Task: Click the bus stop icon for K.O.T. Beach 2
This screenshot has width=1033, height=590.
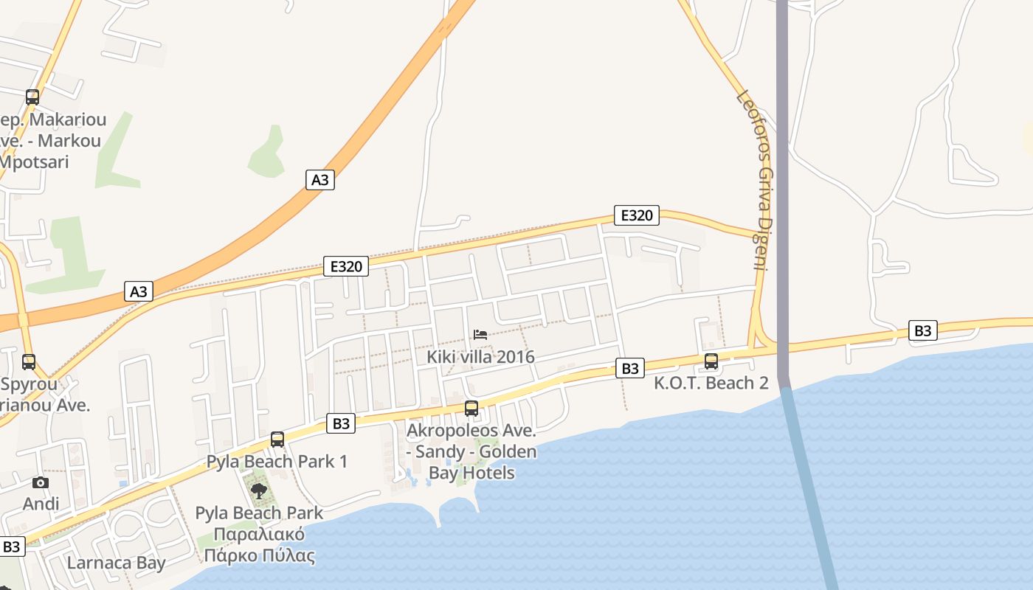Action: (711, 361)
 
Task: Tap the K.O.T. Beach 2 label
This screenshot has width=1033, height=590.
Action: (711, 383)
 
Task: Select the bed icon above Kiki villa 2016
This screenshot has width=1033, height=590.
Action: (480, 335)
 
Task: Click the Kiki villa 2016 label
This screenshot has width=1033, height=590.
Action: (480, 357)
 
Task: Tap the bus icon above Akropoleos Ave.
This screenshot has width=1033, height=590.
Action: (471, 408)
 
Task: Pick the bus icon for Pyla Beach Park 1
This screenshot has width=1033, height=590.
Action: (277, 440)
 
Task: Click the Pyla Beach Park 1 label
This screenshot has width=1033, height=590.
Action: (277, 462)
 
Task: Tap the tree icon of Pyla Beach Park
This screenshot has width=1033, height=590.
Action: (258, 490)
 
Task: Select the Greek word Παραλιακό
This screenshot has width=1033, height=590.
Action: (259, 534)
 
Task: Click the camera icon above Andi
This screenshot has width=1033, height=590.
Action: (41, 483)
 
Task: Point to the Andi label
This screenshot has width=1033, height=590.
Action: (41, 504)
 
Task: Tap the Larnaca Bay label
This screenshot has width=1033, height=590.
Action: (117, 563)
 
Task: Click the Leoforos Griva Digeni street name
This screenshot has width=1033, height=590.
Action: (759, 180)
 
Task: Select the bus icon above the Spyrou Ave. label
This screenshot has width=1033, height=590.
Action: (29, 362)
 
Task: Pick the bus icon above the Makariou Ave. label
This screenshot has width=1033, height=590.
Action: (32, 97)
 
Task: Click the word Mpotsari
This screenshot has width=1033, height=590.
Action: (35, 162)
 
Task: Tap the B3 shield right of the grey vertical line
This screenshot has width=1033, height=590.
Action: (922, 330)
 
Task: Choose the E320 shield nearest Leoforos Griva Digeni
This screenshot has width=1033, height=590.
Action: (636, 215)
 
